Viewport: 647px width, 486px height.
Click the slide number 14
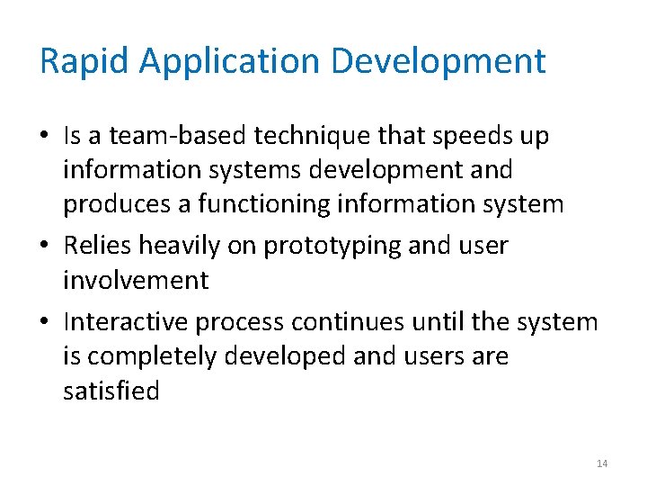(x=602, y=463)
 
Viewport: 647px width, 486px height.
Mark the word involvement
(x=136, y=280)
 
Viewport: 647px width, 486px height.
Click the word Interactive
(x=126, y=321)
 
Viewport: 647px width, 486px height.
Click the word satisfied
(x=111, y=391)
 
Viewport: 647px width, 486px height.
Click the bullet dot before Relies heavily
(x=44, y=247)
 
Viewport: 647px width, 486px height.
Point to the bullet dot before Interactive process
(x=44, y=322)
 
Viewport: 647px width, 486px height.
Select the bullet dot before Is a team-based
(x=44, y=137)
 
